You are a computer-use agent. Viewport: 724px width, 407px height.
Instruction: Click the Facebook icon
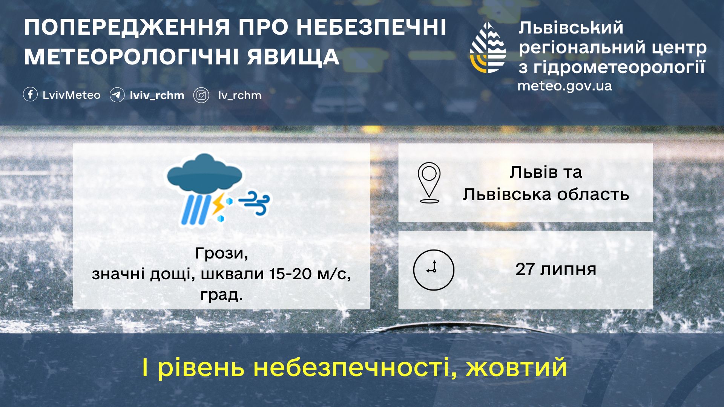click(30, 95)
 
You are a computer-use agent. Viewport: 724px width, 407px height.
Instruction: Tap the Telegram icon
click(117, 95)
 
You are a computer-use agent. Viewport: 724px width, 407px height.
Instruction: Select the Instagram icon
click(201, 95)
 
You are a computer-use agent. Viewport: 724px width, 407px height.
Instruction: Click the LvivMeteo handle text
click(72, 95)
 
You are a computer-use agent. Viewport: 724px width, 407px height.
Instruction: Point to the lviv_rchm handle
click(157, 95)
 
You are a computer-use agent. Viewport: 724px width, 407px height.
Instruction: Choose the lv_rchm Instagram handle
click(240, 95)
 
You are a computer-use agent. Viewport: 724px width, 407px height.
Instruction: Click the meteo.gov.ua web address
click(564, 86)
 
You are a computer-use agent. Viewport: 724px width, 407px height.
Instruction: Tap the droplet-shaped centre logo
click(488, 47)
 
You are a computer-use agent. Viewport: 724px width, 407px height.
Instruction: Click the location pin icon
click(429, 182)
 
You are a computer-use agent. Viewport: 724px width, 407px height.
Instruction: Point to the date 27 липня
click(556, 269)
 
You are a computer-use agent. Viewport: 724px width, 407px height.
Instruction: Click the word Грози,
click(222, 253)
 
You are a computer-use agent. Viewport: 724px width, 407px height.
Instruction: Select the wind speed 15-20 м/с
click(310, 274)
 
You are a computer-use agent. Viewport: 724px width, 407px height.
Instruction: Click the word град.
click(221, 295)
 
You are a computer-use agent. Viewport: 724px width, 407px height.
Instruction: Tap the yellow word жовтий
click(517, 367)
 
